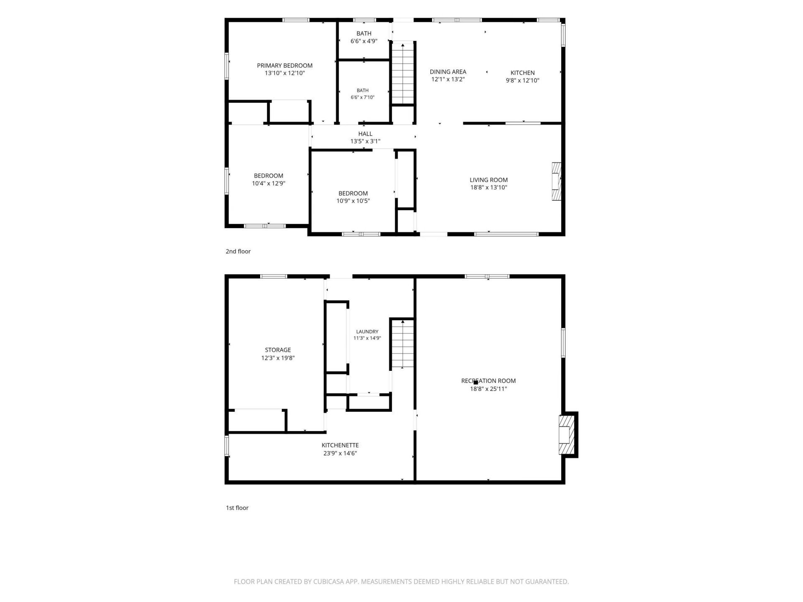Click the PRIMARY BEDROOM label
284,66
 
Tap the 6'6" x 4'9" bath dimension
364,41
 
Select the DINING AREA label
448,72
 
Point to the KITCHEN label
522,73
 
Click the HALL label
365,134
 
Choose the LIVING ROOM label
488,180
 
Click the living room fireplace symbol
556,181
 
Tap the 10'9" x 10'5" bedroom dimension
353,201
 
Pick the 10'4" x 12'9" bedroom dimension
269,183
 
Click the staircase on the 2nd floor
403,73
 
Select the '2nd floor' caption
238,251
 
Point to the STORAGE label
278,350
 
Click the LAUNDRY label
367,332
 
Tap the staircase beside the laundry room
403,344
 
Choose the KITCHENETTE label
340,445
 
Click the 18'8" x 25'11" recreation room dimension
488,389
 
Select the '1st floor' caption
237,508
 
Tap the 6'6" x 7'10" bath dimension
363,97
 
